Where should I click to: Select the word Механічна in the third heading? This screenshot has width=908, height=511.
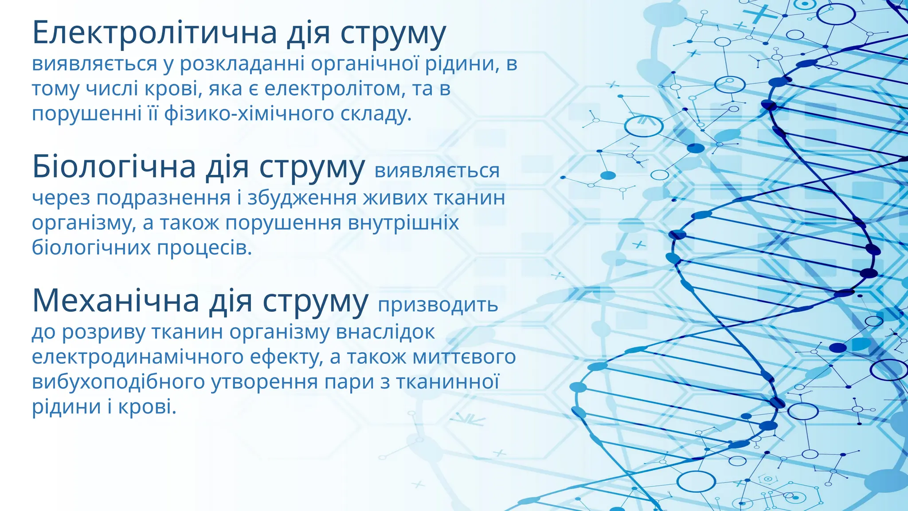tap(116, 301)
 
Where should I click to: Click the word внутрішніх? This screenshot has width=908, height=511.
tap(403, 223)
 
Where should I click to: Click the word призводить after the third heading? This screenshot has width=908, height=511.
tap(438, 305)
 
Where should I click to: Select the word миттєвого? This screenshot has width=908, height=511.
tap(464, 357)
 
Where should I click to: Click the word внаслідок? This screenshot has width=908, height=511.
tap(385, 332)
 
